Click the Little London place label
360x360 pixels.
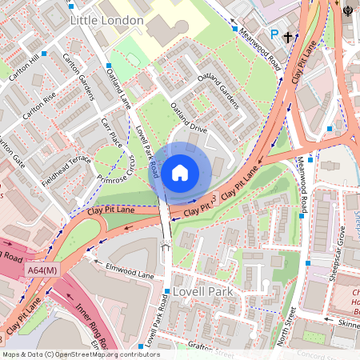106,19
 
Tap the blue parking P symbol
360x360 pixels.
275,35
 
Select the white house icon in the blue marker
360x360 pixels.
180,172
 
